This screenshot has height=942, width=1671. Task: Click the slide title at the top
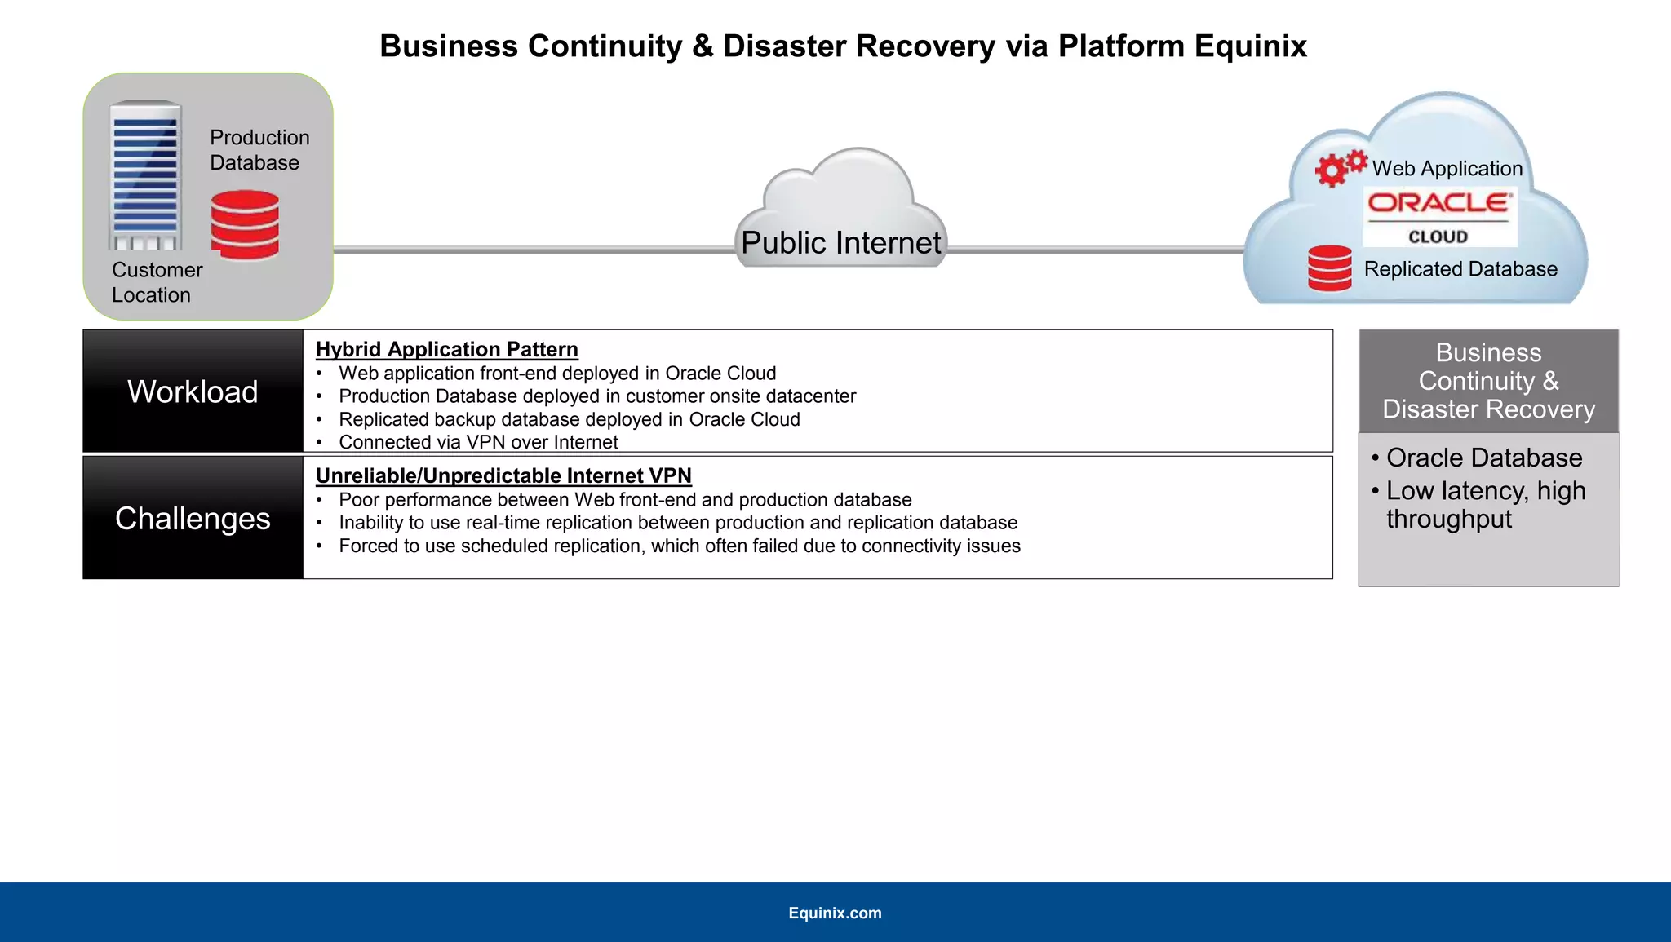[843, 46]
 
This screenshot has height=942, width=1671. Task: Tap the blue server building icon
[145, 175]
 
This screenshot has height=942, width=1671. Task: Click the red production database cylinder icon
[245, 225]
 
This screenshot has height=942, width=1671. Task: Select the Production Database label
[259, 150]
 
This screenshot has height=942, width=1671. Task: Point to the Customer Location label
[157, 282]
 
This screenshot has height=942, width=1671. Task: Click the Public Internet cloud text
[840, 243]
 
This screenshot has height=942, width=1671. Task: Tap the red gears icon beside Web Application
[1339, 167]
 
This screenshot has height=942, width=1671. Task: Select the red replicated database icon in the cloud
[1329, 268]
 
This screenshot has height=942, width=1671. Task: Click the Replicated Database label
[1460, 269]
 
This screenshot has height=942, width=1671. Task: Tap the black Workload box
[193, 391]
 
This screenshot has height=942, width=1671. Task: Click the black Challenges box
[193, 519]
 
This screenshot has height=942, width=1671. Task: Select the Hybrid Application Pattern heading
[447, 349]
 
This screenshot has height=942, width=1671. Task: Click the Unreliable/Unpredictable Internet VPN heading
[503, 475]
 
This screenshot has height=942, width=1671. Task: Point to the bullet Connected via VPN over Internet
[478, 442]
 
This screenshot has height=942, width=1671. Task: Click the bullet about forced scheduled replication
[679, 546]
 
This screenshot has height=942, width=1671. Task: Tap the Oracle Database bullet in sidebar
[1483, 458]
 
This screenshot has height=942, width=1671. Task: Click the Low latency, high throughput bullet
[1485, 505]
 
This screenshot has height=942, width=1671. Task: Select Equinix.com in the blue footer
[835, 913]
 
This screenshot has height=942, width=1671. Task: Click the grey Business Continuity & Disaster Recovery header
[1488, 381]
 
